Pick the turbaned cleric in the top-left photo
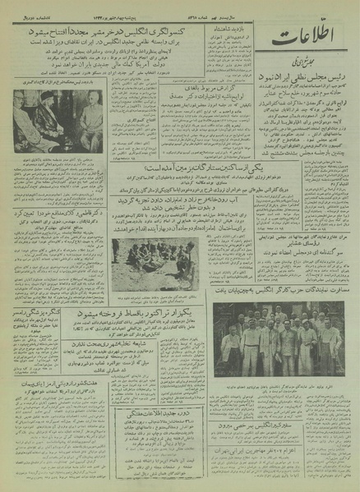pyautogui.click(x=50, y=124)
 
